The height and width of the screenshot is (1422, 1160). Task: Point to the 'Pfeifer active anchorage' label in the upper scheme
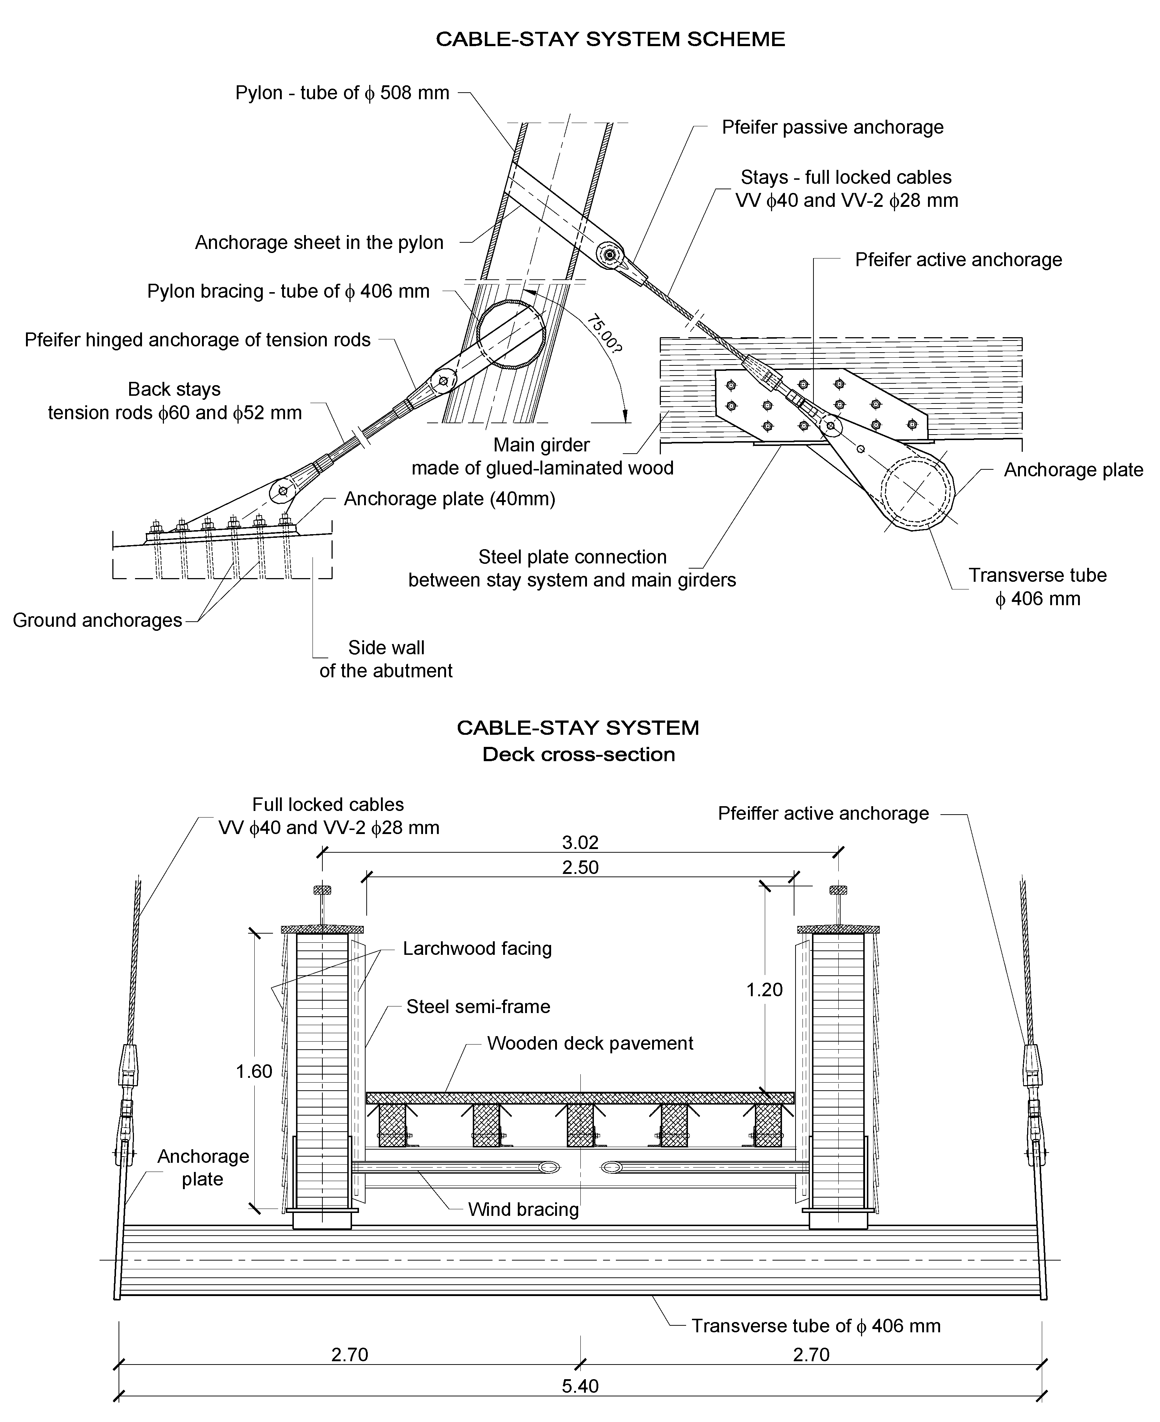coord(958,260)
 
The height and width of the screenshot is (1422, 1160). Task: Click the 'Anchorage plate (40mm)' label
coord(449,499)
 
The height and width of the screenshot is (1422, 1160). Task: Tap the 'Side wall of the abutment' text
coord(386,659)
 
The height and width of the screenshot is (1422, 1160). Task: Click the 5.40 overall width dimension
coord(580,1385)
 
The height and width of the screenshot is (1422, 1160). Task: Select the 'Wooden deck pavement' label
coord(590,1043)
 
